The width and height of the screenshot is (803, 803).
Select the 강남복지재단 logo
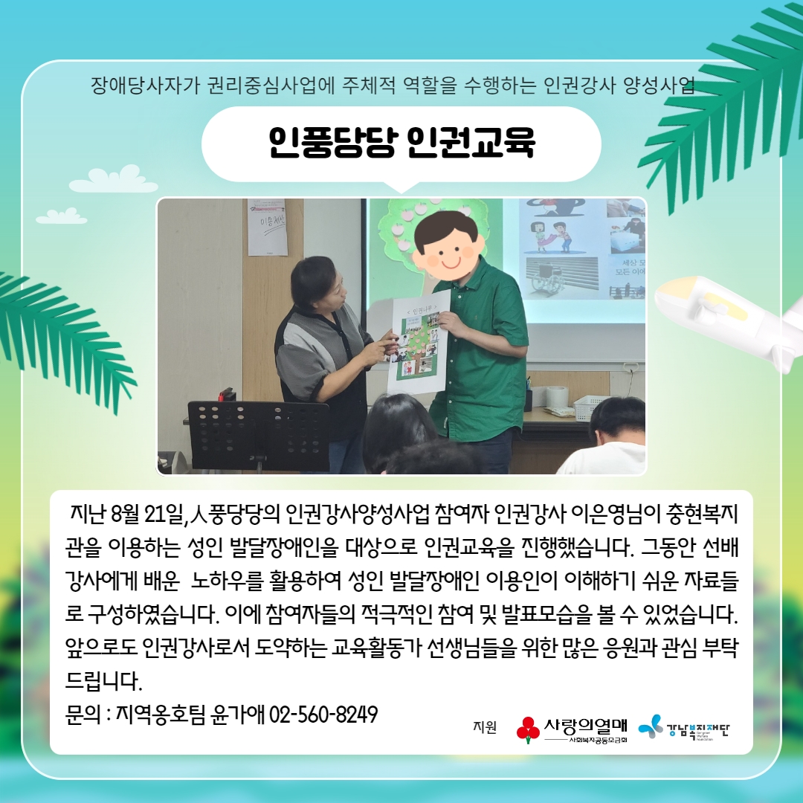(684, 728)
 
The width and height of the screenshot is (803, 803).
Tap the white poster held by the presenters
(419, 340)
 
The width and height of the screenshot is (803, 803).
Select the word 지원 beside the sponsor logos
(485, 727)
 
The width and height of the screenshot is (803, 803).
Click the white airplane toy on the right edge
(732, 323)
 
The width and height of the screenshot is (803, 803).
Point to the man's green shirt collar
(463, 283)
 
